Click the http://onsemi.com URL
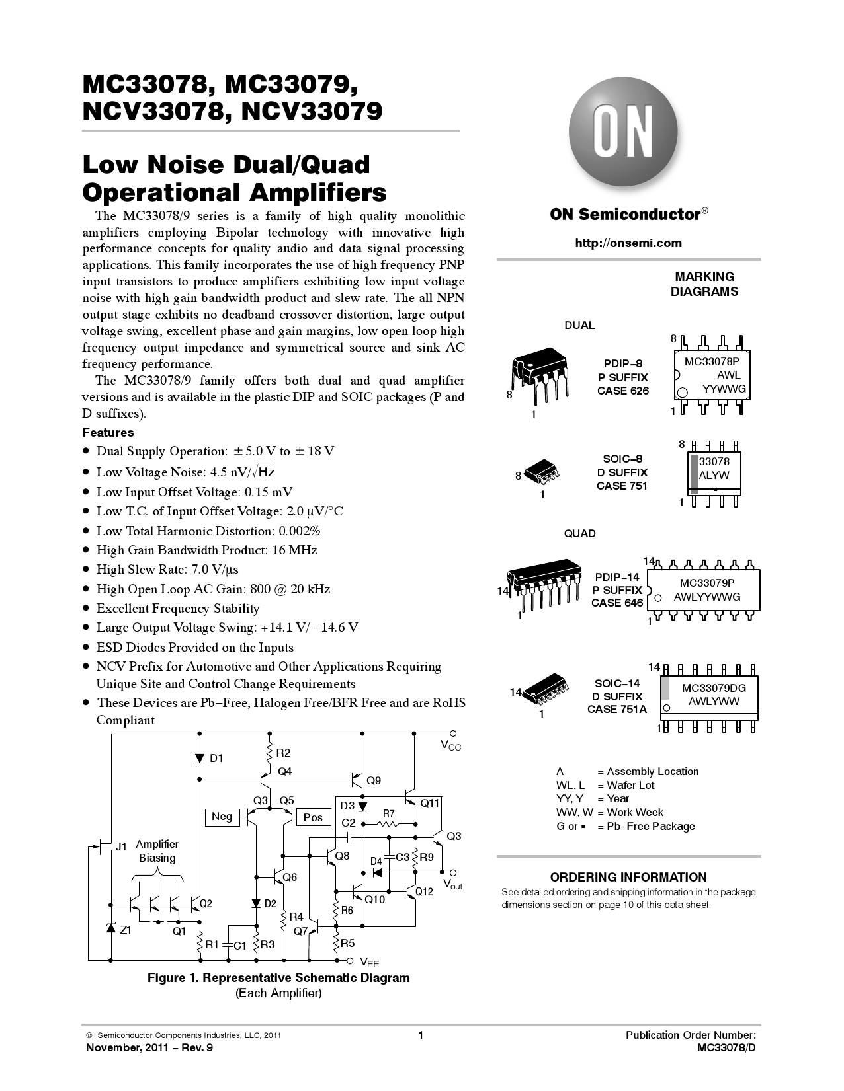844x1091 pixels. (x=628, y=243)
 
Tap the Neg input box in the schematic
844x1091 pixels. (x=222, y=817)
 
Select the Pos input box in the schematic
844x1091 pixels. (x=313, y=817)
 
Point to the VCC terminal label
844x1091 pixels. (x=451, y=746)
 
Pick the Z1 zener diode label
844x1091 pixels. (x=125, y=930)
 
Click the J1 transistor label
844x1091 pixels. (x=120, y=846)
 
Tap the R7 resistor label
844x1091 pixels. (x=389, y=813)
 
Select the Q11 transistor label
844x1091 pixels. (x=429, y=803)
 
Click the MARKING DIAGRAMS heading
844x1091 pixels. (x=704, y=284)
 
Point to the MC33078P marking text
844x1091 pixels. (x=712, y=361)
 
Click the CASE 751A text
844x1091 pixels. (x=616, y=710)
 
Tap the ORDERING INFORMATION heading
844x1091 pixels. (x=628, y=877)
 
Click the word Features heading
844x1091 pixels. (x=108, y=433)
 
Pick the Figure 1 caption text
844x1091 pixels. (x=278, y=978)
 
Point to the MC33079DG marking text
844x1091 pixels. (x=714, y=688)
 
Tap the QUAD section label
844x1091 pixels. (x=579, y=533)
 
